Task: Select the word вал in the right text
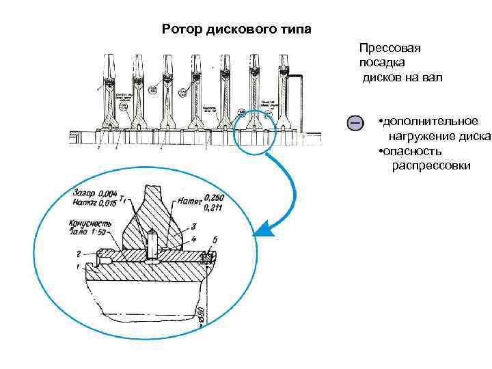coord(432,77)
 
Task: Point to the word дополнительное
coord(430,121)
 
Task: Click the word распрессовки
coord(430,166)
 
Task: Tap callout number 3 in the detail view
coord(194,225)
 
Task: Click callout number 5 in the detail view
coord(216,239)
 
